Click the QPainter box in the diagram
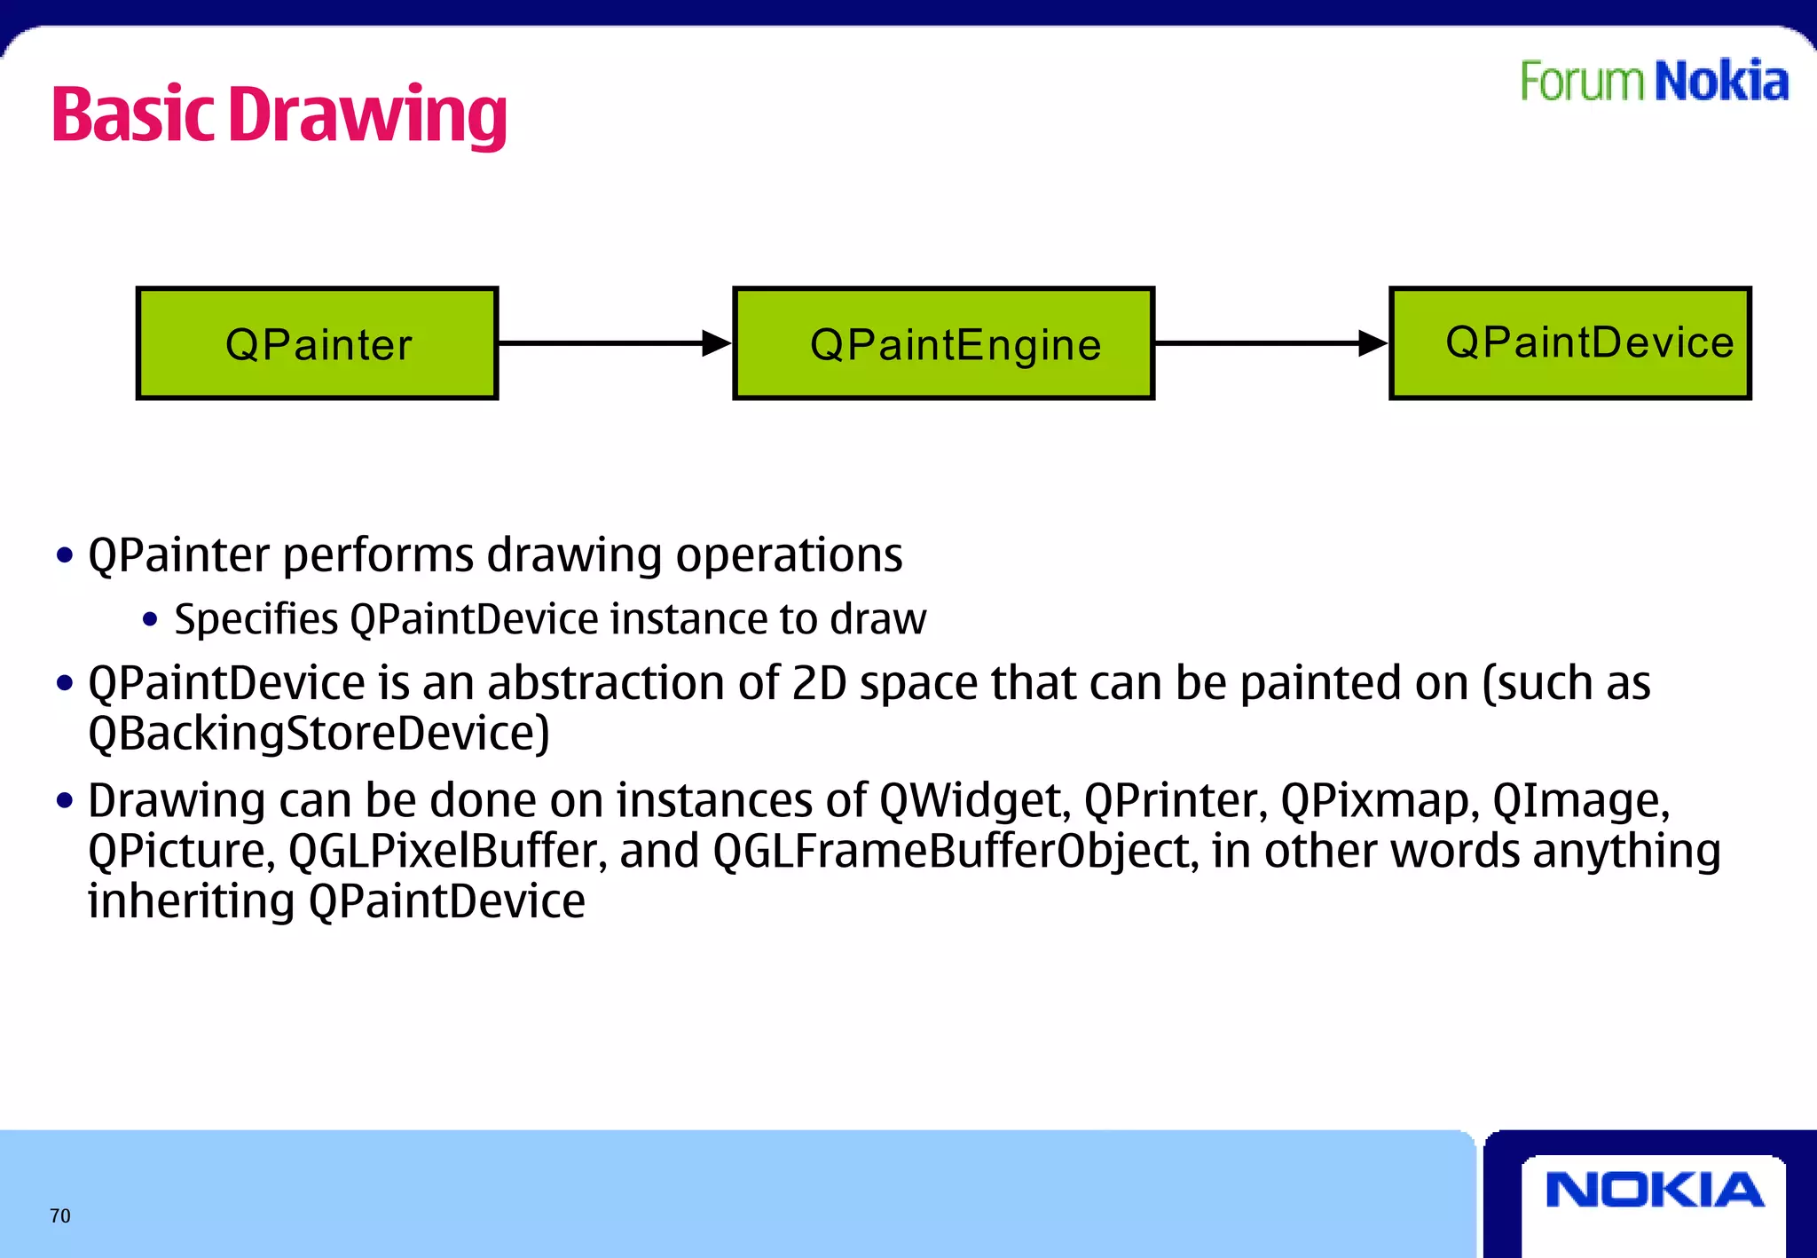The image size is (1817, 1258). point(317,343)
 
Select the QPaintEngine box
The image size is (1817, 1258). point(943,343)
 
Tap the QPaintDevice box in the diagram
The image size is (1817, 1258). point(1569,343)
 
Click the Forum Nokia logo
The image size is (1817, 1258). point(1654,82)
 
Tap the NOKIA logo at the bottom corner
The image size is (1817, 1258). point(1654,1191)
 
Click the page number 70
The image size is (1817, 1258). point(60,1215)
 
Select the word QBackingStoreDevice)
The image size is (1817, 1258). point(319,735)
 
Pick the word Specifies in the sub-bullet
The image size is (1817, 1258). point(256,619)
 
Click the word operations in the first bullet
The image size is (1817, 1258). point(789,556)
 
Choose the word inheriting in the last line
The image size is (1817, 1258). point(191,901)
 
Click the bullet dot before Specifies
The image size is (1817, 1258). point(150,620)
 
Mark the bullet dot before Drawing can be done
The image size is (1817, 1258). point(64,801)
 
